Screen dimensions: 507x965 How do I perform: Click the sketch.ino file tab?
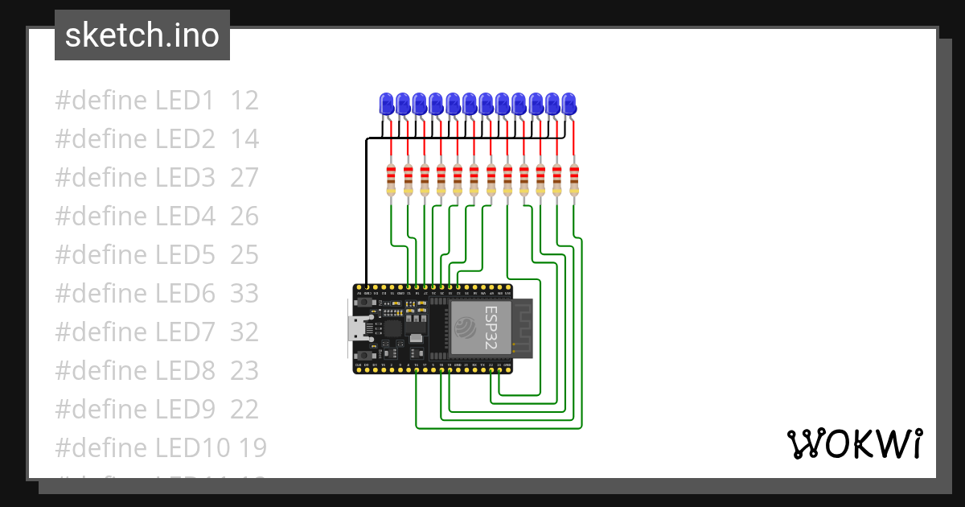click(x=142, y=35)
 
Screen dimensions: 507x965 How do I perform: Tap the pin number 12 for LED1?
click(x=244, y=101)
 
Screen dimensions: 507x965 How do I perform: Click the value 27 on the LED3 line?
click(x=244, y=178)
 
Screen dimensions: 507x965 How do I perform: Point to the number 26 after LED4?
click(x=244, y=216)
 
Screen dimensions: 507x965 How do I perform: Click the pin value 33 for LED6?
click(x=244, y=294)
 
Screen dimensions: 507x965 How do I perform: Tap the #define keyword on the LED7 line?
click(x=101, y=332)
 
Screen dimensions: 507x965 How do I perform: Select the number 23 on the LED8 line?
click(x=244, y=371)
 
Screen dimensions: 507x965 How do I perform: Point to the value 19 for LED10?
click(x=251, y=448)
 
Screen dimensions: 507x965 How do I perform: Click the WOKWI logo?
click(x=854, y=444)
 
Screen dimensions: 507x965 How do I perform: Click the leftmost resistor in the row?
click(x=391, y=179)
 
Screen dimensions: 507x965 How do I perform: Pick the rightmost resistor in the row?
click(x=573, y=179)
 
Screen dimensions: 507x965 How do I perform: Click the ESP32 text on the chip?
click(x=491, y=328)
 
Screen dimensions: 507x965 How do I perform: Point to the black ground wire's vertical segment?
click(x=367, y=209)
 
